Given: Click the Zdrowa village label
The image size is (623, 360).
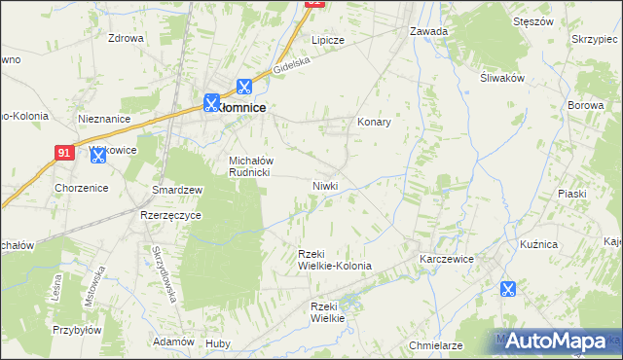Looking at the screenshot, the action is pyautogui.click(x=127, y=39).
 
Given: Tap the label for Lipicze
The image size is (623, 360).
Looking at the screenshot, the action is pyautogui.click(x=328, y=40).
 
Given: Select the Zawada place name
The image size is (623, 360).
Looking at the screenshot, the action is pyautogui.click(x=428, y=31).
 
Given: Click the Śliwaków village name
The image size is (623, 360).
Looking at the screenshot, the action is pyautogui.click(x=502, y=80).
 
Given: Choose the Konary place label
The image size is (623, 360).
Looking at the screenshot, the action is pyautogui.click(x=374, y=123).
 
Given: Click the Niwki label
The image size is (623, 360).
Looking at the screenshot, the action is pyautogui.click(x=325, y=185).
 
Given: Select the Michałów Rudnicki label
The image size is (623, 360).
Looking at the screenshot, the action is pyautogui.click(x=252, y=166).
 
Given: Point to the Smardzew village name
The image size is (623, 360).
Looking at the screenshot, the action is pyautogui.click(x=176, y=190).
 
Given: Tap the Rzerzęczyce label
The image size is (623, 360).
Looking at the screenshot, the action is pyautogui.click(x=170, y=215).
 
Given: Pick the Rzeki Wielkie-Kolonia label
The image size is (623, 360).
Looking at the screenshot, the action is pyautogui.click(x=334, y=260).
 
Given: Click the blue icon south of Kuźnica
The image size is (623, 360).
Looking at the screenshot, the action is pyautogui.click(x=507, y=288).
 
